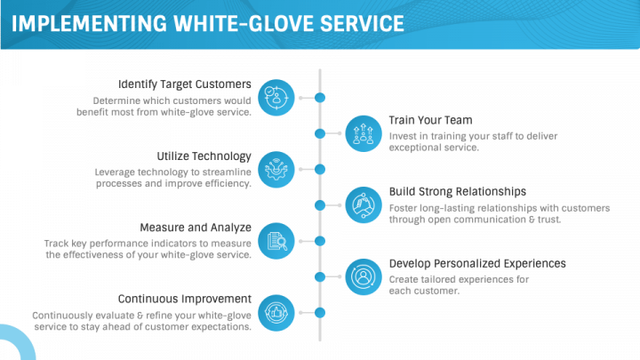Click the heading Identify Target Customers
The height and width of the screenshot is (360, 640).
[x=185, y=84]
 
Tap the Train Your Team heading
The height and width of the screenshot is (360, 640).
[x=430, y=120]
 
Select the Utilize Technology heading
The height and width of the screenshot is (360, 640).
[x=204, y=156]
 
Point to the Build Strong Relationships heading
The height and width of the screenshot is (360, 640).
[x=457, y=192]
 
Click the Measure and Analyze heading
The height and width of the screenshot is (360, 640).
[x=196, y=228]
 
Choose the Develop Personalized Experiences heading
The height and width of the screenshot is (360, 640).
[x=477, y=264]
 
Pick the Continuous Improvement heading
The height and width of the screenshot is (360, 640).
[x=185, y=300]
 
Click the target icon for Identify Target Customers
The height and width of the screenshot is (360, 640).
[x=276, y=98]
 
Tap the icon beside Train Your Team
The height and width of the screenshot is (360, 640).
[x=364, y=133]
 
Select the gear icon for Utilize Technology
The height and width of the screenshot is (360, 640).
[x=276, y=170]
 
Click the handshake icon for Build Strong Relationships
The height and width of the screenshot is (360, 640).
[x=364, y=205]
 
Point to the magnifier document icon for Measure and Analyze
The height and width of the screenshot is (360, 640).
[x=276, y=241]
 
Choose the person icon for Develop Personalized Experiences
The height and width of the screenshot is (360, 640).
[x=364, y=276]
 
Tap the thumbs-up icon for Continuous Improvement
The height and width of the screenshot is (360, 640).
[x=276, y=313]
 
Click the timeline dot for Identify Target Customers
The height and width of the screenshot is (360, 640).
[x=320, y=98]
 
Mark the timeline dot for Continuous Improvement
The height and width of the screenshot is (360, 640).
[x=320, y=313]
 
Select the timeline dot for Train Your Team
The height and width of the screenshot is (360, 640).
[x=320, y=133]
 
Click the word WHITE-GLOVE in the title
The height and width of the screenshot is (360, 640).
[x=244, y=24]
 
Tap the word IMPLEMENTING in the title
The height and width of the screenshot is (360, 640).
[x=90, y=24]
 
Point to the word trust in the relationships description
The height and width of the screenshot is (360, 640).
[x=549, y=220]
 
